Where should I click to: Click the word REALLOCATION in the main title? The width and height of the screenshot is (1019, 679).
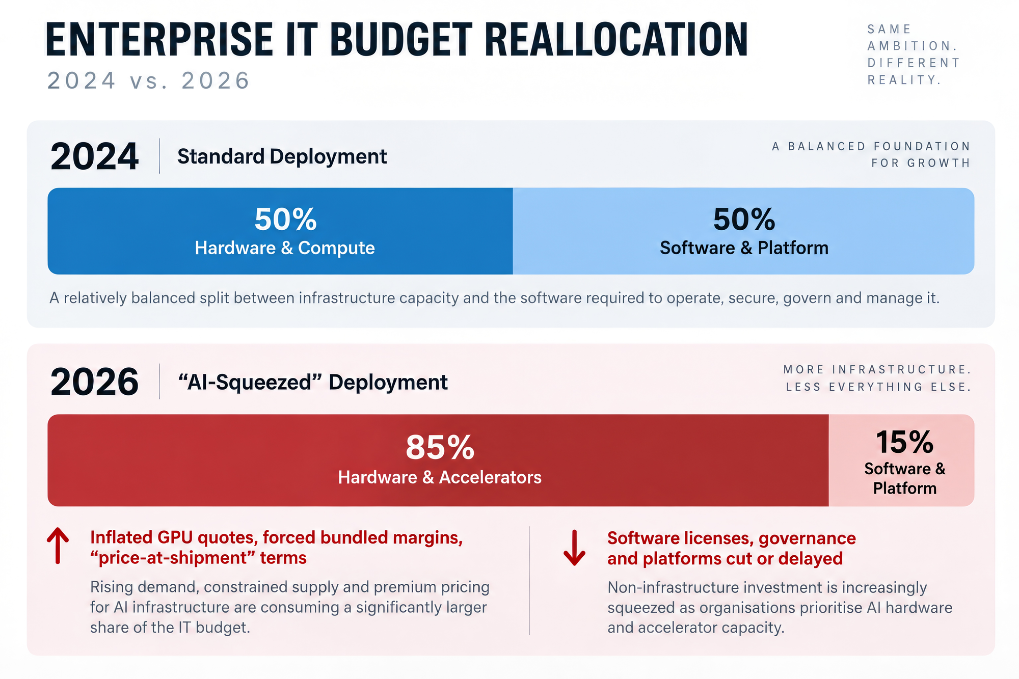pos(616,39)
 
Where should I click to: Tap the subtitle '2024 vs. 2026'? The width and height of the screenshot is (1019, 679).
pos(149,80)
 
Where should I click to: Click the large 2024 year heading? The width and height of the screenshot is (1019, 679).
pos(94,156)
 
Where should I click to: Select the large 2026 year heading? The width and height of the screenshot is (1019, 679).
pos(94,382)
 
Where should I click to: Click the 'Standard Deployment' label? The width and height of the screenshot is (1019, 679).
pos(282,157)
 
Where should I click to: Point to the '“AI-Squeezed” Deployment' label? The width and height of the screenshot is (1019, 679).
pos(313,383)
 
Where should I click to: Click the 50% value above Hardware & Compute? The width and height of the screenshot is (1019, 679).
pos(285,220)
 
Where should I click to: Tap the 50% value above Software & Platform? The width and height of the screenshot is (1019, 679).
pos(744,220)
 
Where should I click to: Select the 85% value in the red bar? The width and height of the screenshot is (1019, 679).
pos(440,447)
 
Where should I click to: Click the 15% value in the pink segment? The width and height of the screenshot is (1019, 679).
pos(904,442)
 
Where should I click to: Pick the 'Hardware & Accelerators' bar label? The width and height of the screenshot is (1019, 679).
pos(440,477)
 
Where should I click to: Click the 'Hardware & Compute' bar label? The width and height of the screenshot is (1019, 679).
pos(285,248)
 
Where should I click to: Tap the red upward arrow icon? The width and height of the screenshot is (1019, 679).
pos(58,546)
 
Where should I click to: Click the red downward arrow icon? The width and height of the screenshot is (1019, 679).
pos(574,548)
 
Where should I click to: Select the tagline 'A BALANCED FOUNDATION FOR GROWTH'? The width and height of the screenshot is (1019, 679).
pos(871,155)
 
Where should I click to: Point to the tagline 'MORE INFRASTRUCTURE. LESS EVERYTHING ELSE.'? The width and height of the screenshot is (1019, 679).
pos(877,378)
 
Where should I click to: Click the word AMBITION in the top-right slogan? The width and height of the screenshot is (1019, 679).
pos(912,46)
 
